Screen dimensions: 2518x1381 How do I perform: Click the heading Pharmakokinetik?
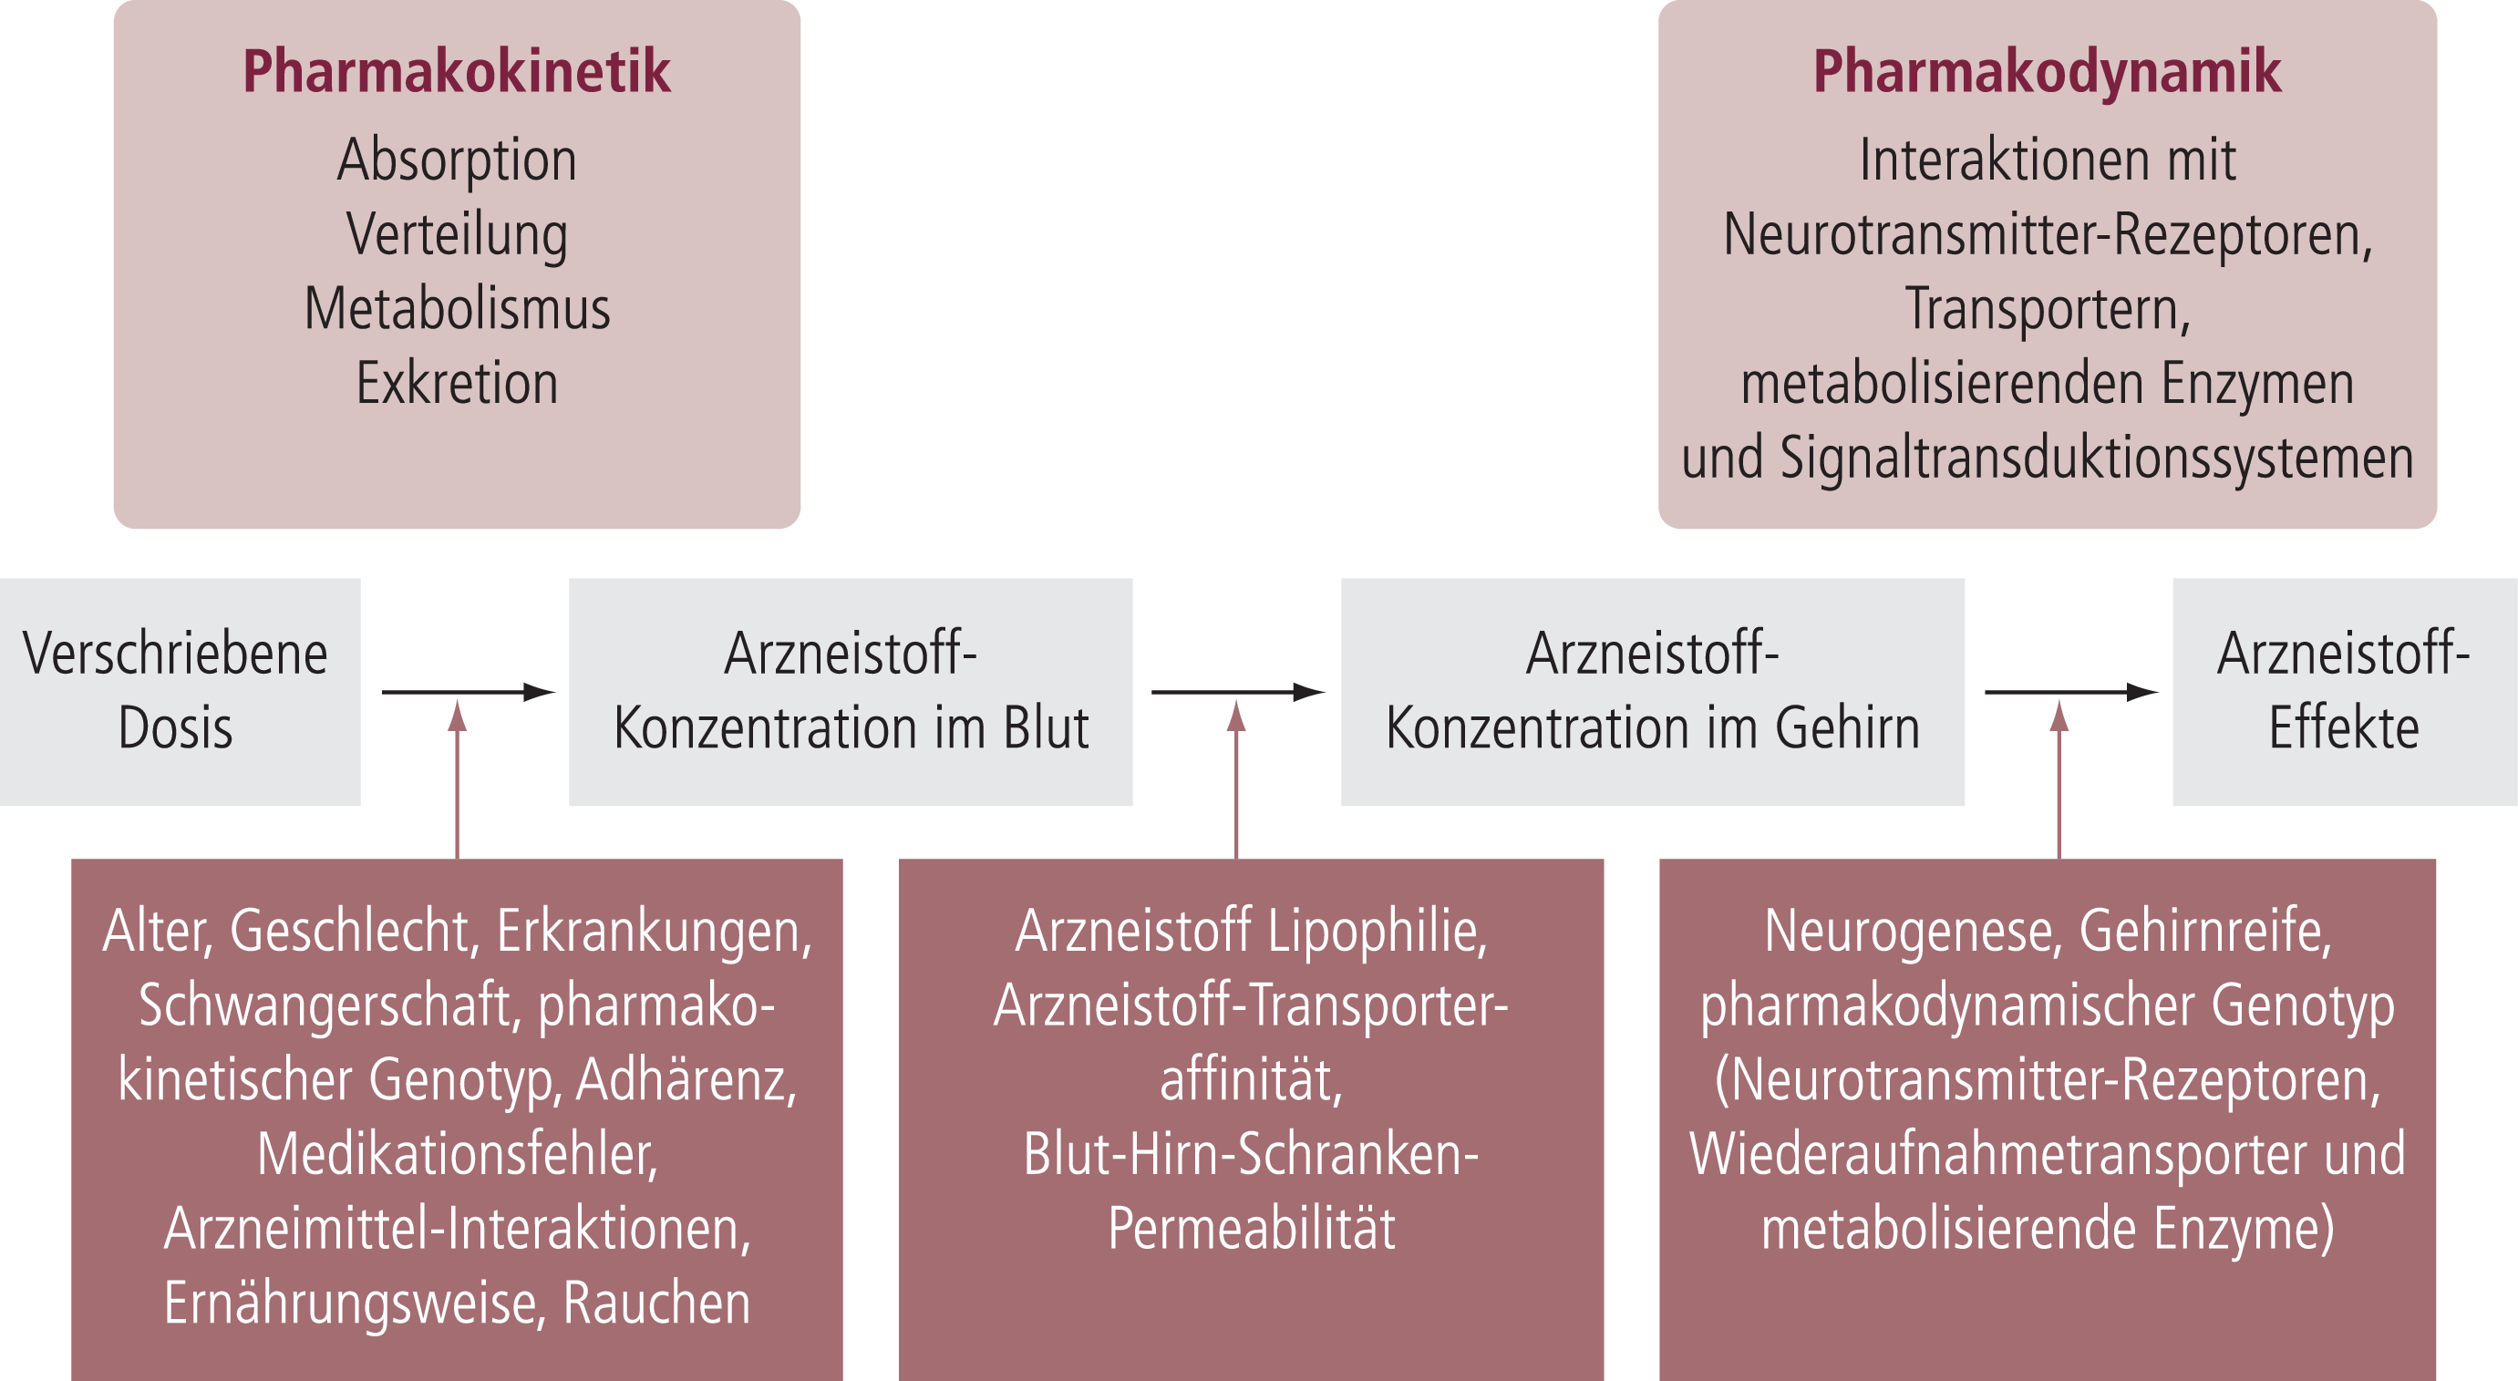(457, 71)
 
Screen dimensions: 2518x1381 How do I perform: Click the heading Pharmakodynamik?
(2047, 71)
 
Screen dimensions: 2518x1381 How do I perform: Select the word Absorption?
(457, 160)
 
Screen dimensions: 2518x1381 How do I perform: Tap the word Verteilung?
(457, 235)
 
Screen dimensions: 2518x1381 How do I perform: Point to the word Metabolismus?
(457, 309)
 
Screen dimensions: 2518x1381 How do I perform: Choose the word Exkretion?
(457, 383)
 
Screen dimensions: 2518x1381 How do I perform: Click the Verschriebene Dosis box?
(180, 692)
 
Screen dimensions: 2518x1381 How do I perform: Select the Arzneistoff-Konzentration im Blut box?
(851, 692)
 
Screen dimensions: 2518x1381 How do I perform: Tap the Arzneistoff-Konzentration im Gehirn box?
(1652, 692)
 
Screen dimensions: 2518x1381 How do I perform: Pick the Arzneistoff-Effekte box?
(2345, 692)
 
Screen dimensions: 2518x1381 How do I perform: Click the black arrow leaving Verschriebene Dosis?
(469, 692)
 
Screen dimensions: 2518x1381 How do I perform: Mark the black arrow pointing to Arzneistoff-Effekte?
(2071, 692)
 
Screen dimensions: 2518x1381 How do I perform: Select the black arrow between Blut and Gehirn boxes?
(1238, 692)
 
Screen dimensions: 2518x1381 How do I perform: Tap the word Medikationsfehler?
(458, 1155)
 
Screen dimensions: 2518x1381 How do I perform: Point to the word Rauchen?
(657, 1304)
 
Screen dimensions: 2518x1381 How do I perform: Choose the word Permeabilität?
(1251, 1229)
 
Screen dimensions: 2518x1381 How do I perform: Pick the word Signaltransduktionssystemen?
(2097, 459)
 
